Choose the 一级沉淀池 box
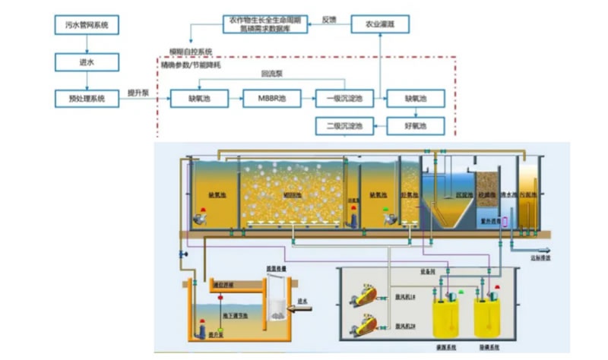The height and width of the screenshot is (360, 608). (x=344, y=98)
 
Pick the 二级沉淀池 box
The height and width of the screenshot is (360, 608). (x=344, y=125)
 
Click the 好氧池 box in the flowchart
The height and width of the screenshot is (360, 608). (x=415, y=125)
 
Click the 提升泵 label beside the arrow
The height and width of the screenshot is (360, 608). (x=137, y=93)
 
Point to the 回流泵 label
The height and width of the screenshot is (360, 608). (x=271, y=74)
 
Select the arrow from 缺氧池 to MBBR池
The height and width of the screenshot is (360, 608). (x=230, y=98)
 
